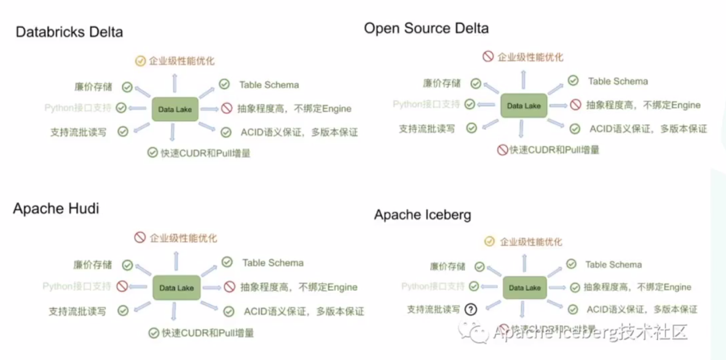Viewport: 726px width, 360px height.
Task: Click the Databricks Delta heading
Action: (x=69, y=32)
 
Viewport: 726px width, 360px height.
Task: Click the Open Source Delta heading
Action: (x=426, y=29)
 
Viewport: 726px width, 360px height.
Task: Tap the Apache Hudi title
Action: (x=56, y=208)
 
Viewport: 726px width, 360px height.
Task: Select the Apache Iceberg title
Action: (x=422, y=215)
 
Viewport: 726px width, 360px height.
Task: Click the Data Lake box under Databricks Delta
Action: (x=175, y=109)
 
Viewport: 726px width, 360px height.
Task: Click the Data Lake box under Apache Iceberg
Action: (x=524, y=288)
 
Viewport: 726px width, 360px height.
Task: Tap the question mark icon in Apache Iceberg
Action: (x=471, y=309)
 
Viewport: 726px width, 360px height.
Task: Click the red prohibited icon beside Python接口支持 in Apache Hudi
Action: (x=122, y=286)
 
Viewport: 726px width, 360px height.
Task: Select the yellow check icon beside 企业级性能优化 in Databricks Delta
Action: (x=140, y=61)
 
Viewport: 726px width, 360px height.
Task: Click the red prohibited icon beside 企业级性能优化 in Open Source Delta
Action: (x=488, y=56)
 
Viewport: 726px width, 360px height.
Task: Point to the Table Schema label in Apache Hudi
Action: (x=273, y=263)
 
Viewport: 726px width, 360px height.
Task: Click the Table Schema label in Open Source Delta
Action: (x=618, y=81)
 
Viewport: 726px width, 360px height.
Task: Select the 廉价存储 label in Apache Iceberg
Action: (x=447, y=266)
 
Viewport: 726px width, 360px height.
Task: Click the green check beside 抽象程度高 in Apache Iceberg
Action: (x=575, y=288)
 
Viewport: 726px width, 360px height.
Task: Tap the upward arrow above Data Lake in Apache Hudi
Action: (x=176, y=261)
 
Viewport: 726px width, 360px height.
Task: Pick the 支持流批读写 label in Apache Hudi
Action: (x=77, y=311)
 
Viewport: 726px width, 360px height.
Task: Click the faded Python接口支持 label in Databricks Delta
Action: (x=78, y=108)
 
